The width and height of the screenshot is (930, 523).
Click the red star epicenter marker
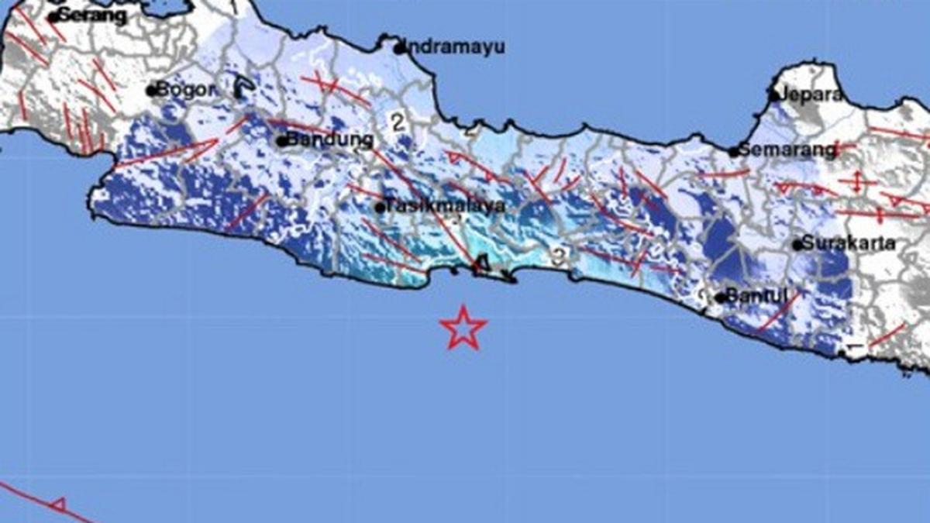coord(463,329)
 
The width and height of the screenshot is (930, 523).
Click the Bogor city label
coord(185,89)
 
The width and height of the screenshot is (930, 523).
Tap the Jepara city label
coord(814,95)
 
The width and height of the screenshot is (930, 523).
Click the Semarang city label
coord(787,150)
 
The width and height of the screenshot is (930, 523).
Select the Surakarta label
coord(849,243)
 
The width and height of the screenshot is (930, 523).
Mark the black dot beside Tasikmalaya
coord(380,208)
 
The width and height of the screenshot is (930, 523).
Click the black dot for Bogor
coord(152,91)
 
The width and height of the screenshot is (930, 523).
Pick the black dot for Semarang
coord(733,153)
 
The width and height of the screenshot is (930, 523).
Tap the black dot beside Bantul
coord(720,298)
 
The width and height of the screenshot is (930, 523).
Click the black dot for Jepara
coord(773,96)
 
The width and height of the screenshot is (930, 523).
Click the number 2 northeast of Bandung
coord(398,122)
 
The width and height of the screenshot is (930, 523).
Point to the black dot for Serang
coord(53,16)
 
